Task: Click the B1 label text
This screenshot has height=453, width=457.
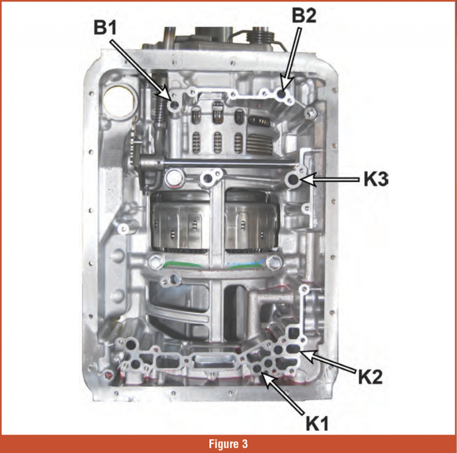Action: pyautogui.click(x=105, y=28)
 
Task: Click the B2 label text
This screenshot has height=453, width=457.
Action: pyautogui.click(x=304, y=15)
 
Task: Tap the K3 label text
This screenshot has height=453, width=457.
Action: pyautogui.click(x=376, y=179)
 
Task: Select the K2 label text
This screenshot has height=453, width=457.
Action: pyautogui.click(x=370, y=377)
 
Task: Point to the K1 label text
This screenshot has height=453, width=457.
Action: pyautogui.click(x=317, y=423)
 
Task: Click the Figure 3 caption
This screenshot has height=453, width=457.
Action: pyautogui.click(x=228, y=443)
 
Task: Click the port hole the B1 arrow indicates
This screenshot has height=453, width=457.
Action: pyautogui.click(x=174, y=105)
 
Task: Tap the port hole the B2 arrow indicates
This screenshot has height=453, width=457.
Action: pyautogui.click(x=281, y=94)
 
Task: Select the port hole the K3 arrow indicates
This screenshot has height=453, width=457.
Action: pyautogui.click(x=293, y=180)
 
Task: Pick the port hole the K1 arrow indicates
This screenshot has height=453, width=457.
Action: pyautogui.click(x=257, y=368)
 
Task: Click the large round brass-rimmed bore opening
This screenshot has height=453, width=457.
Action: pyautogui.click(x=118, y=100)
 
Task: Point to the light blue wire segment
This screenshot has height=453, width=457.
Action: pyautogui.click(x=245, y=263)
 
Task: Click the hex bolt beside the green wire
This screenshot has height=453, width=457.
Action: pyautogui.click(x=155, y=262)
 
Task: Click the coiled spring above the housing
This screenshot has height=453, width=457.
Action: pyautogui.click(x=261, y=36)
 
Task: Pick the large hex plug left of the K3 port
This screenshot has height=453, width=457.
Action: pyautogui.click(x=173, y=179)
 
